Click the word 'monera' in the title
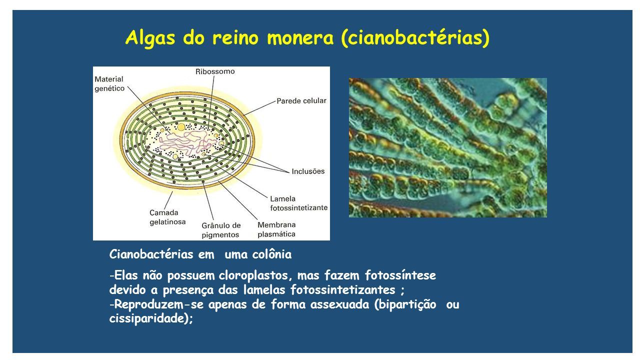(x=300, y=37)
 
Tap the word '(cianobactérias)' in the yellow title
(x=415, y=38)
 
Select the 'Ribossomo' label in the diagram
(x=215, y=71)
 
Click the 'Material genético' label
(x=109, y=83)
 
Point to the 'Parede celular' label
(x=301, y=100)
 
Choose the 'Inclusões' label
(x=308, y=171)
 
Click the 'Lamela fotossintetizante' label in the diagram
(x=298, y=203)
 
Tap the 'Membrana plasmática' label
(x=276, y=229)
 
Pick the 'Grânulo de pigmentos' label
(x=221, y=230)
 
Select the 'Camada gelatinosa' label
(x=167, y=217)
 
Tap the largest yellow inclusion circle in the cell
(x=181, y=127)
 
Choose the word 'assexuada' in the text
(x=339, y=304)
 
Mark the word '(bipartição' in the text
(x=405, y=304)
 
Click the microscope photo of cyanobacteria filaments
(x=447, y=147)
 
